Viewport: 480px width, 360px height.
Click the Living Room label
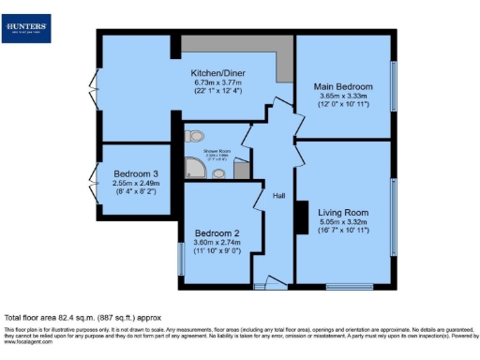click(x=342, y=213)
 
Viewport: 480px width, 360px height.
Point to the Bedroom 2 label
click(x=217, y=233)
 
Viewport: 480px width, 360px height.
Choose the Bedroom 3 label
click(x=137, y=174)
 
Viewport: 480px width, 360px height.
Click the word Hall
click(x=279, y=196)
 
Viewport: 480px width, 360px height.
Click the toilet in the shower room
click(x=197, y=136)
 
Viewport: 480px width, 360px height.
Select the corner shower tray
click(x=195, y=167)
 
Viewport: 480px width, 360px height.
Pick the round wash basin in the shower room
click(x=218, y=172)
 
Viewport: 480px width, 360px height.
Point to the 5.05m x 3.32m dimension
click(x=342, y=222)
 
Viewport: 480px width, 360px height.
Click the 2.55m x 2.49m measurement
click(x=137, y=184)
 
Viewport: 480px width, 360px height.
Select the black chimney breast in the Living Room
click(x=302, y=217)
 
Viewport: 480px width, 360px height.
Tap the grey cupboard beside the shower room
click(x=242, y=170)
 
